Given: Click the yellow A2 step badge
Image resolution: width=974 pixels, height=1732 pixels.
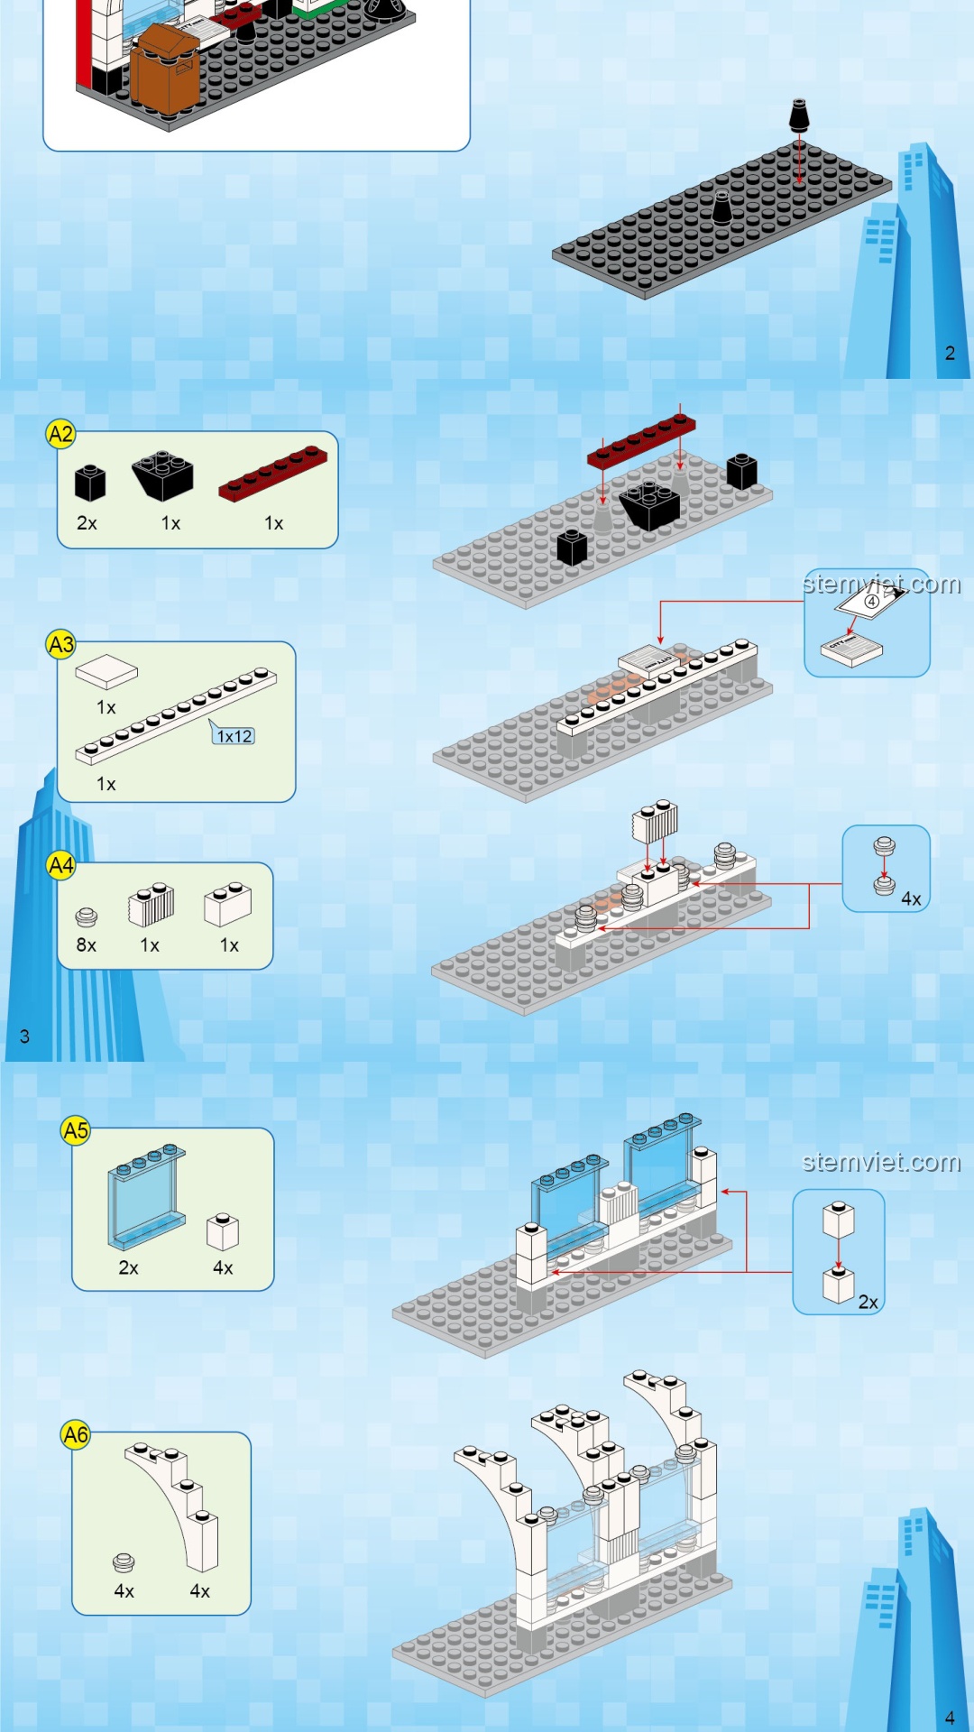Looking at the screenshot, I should (x=60, y=435).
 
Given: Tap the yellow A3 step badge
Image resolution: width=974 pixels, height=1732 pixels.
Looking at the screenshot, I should (x=60, y=645).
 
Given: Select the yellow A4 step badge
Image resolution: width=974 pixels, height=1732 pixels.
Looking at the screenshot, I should (x=60, y=866).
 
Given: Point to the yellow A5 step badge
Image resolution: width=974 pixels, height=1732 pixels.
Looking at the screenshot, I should (x=76, y=1130).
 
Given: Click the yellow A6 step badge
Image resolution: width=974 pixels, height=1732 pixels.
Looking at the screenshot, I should (x=76, y=1434).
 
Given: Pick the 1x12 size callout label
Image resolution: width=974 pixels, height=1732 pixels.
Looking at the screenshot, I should (x=234, y=736).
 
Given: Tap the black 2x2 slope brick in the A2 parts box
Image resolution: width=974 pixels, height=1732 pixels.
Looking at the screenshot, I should (x=163, y=475).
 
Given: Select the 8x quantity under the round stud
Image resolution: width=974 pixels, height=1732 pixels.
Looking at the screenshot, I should (x=86, y=944).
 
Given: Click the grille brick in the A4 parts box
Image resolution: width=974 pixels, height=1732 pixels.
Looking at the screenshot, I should (x=152, y=905).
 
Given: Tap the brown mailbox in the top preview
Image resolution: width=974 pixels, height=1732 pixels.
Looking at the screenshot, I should (x=164, y=72).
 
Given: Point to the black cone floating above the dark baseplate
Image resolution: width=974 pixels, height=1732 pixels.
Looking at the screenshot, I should (x=799, y=115).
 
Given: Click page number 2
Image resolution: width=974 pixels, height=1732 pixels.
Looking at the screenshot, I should (x=950, y=353).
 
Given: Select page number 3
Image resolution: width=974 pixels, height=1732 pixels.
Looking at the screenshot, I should (x=24, y=1036).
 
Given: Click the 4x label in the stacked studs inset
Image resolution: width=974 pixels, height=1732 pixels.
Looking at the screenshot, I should (x=911, y=898).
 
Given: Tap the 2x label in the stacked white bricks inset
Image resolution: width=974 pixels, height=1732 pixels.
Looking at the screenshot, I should (x=868, y=1302).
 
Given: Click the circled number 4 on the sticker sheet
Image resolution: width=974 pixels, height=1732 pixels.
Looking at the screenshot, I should (x=871, y=601).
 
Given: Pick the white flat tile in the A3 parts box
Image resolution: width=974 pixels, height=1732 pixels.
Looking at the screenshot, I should (x=106, y=672).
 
